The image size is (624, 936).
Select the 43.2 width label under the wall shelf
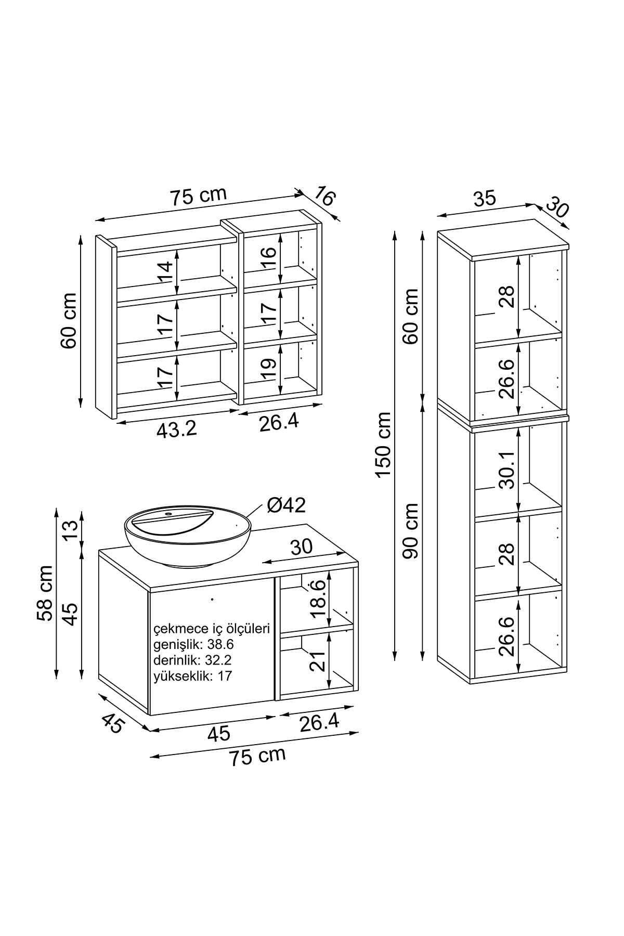pyautogui.click(x=177, y=430)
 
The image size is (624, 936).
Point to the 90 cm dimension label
pyautogui.click(x=411, y=530)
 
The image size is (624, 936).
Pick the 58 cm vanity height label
pyautogui.click(x=45, y=593)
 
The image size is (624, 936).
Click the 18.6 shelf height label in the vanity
pyautogui.click(x=318, y=599)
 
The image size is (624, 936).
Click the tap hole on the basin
pyautogui.click(x=168, y=515)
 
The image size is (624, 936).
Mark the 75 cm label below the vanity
pyautogui.click(x=258, y=756)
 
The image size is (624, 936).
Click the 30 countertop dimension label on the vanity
pyautogui.click(x=301, y=547)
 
